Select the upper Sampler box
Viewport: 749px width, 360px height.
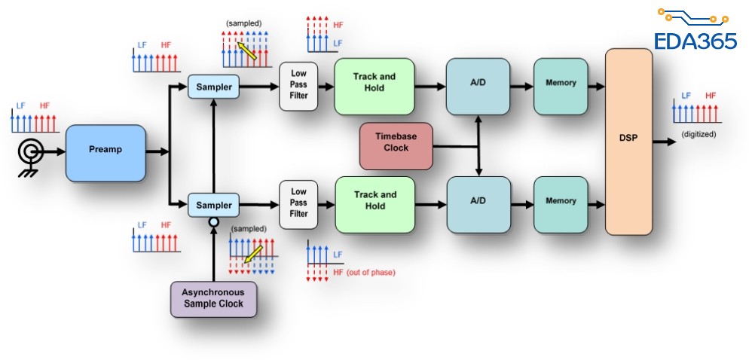coord(213,87)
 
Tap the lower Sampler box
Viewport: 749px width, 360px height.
coord(213,205)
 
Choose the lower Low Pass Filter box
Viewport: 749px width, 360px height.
coord(299,203)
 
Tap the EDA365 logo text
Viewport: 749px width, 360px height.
coord(695,41)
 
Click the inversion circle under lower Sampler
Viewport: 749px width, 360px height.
coord(213,223)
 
